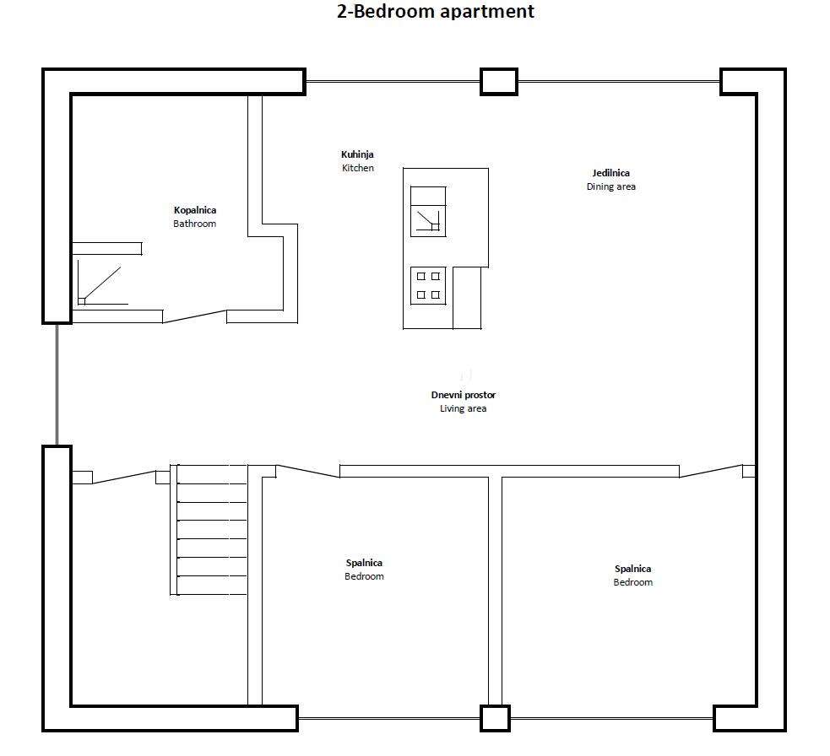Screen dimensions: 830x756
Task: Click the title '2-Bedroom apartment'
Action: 435,11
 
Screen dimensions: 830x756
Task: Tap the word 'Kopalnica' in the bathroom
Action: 195,210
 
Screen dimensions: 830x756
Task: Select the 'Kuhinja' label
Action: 357,154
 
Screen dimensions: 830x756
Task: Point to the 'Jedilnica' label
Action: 610,173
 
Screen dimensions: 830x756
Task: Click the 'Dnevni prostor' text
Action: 464,395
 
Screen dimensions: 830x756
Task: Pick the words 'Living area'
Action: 464,408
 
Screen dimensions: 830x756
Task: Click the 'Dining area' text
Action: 610,186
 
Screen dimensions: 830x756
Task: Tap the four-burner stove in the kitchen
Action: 428,286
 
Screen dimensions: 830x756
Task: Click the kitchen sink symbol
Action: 428,212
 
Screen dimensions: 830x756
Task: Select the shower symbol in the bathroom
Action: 100,283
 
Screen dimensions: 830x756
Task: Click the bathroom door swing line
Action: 195,316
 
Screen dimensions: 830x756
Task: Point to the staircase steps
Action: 209,530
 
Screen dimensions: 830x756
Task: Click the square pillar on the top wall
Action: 499,82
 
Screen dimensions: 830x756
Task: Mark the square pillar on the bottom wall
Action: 495,718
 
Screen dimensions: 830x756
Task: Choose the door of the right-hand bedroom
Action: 711,471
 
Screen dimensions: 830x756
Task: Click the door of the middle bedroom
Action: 307,471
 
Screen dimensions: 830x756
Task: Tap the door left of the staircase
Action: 124,477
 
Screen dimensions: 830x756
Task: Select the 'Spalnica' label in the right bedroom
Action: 633,569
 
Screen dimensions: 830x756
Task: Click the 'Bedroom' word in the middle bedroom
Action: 364,576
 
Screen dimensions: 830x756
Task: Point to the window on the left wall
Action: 57,384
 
